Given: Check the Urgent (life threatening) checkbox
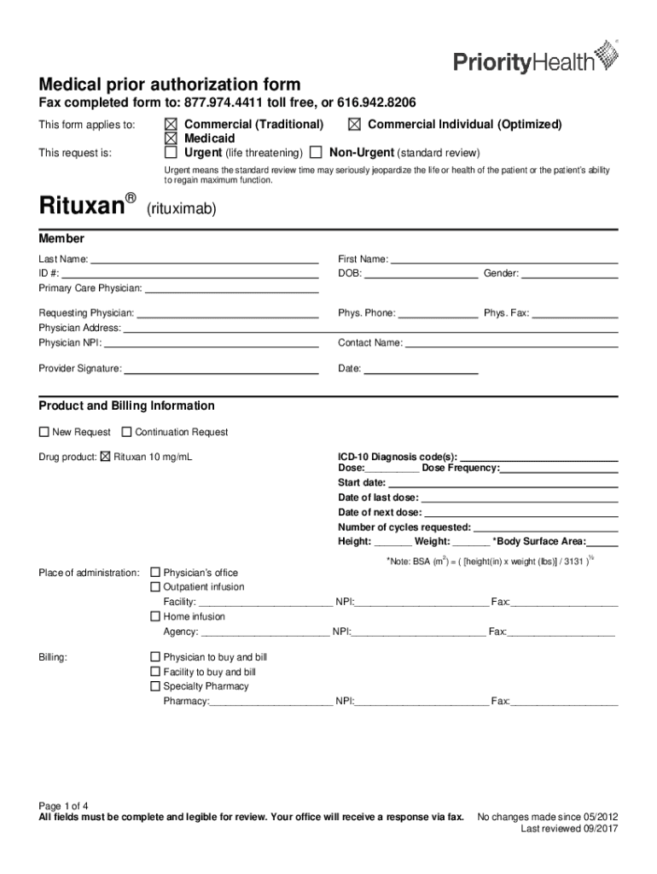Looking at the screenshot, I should tap(171, 153).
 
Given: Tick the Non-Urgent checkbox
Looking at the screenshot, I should tap(316, 153).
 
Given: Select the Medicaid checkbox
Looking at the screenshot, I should tap(171, 138).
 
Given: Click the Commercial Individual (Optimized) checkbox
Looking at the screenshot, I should tap(353, 125).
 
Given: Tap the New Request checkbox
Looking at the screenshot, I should tap(44, 432).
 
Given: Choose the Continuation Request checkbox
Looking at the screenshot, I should tap(127, 432).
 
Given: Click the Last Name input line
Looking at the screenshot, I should tap(204, 259).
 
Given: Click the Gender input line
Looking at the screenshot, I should tap(570, 274).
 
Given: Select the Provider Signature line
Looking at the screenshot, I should tap(221, 370).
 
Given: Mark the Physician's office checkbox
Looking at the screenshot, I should tap(155, 573).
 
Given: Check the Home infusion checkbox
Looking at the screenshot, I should tap(155, 616).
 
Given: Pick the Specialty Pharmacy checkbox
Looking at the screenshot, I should tap(155, 686).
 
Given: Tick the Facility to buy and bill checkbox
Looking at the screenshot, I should tap(155, 673).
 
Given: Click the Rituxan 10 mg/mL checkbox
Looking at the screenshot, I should tap(106, 457).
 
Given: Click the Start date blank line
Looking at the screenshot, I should tap(503, 483).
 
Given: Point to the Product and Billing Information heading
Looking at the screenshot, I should tap(126, 406).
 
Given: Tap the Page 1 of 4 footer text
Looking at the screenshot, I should tap(64, 806).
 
